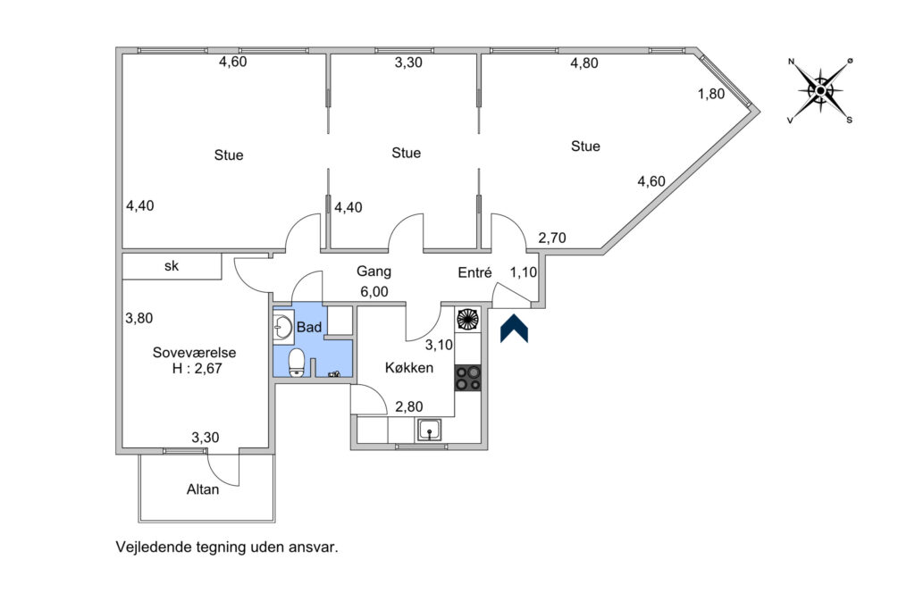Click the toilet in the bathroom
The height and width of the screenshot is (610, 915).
coord(297,363)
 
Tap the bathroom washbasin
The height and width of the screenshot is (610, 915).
coord(283,327)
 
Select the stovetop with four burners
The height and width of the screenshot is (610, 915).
coord(467,377)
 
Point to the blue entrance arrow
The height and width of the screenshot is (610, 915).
coord(514,329)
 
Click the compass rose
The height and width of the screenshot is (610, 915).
coord(820,90)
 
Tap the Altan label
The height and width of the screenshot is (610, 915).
coord(203,489)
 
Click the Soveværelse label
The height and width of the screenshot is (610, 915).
coord(194,352)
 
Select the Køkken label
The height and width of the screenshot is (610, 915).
coord(409,368)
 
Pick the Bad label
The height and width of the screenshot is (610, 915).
coord(309,327)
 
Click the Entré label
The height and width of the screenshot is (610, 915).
coord(474,272)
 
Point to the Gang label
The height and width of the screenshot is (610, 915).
coord(374,272)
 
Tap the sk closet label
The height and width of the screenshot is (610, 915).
coord(171,266)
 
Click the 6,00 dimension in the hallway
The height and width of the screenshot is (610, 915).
coord(374,291)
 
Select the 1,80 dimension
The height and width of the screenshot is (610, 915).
coord(711,94)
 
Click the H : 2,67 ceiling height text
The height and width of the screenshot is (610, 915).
coord(197,369)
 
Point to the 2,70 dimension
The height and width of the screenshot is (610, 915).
coord(552,238)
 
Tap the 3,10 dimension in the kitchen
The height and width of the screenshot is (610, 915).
coord(439,346)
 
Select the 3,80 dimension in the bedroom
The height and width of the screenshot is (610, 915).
coord(139,319)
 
